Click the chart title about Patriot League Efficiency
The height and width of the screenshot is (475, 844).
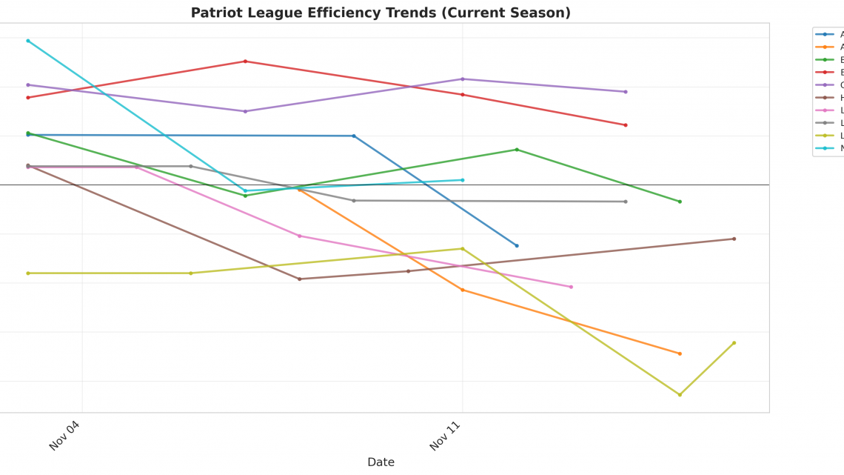click(381, 13)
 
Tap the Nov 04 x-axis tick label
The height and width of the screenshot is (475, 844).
click(64, 435)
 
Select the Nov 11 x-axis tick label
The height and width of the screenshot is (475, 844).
click(445, 435)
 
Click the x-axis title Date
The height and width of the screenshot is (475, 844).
click(381, 462)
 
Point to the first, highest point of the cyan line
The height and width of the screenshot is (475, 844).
click(28, 41)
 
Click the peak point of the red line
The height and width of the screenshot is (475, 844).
click(245, 62)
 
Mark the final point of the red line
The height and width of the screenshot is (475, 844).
click(626, 125)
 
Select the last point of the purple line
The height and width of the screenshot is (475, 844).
click(626, 92)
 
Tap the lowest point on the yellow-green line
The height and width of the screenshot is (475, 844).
click(680, 395)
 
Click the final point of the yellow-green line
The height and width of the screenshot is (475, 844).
click(734, 343)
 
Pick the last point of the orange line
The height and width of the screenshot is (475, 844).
click(680, 353)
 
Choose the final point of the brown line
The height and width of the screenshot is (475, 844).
click(734, 239)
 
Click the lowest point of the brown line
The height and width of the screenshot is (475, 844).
click(300, 279)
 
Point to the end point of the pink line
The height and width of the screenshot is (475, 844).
click(571, 287)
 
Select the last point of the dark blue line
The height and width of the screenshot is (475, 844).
click(517, 245)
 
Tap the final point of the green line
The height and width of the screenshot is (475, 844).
click(680, 202)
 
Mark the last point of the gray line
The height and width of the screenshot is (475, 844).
click(626, 202)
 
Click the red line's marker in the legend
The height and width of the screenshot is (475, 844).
click(825, 72)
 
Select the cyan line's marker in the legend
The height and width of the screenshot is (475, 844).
click(825, 147)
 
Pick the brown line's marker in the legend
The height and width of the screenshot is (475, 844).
click(825, 97)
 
